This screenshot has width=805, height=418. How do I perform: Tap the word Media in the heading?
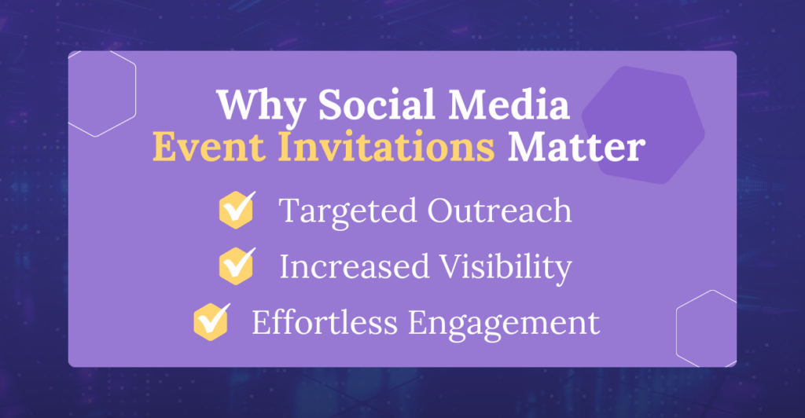509,104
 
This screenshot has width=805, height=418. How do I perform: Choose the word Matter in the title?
576,147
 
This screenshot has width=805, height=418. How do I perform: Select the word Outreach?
499,210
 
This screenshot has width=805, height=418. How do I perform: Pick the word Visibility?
505,267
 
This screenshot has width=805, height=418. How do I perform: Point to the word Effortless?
325,322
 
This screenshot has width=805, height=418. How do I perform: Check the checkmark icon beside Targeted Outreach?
236,210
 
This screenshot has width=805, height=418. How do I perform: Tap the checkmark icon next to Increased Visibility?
236,266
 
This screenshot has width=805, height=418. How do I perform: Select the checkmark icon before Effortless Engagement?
211,322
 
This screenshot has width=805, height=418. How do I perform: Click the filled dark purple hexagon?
643,125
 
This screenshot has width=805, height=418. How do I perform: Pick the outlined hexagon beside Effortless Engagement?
677,328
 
